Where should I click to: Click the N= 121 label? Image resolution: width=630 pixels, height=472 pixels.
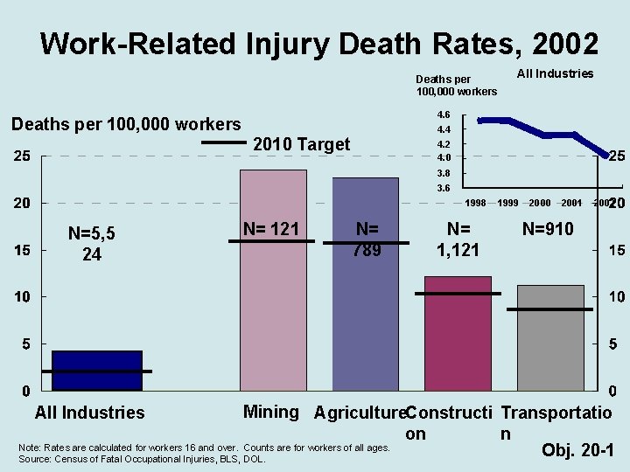point(271,229)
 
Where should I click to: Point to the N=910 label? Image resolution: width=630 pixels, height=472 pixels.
point(548,229)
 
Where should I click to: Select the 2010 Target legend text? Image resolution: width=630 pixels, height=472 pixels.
point(301,144)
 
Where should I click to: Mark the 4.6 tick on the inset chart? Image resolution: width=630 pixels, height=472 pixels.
point(443,115)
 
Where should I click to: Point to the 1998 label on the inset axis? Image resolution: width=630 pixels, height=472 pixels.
point(476,204)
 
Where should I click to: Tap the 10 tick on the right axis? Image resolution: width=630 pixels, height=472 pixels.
point(616,297)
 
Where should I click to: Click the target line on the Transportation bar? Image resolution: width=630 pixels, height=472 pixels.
point(549,309)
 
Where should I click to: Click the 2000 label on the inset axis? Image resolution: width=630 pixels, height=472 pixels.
point(539,204)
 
